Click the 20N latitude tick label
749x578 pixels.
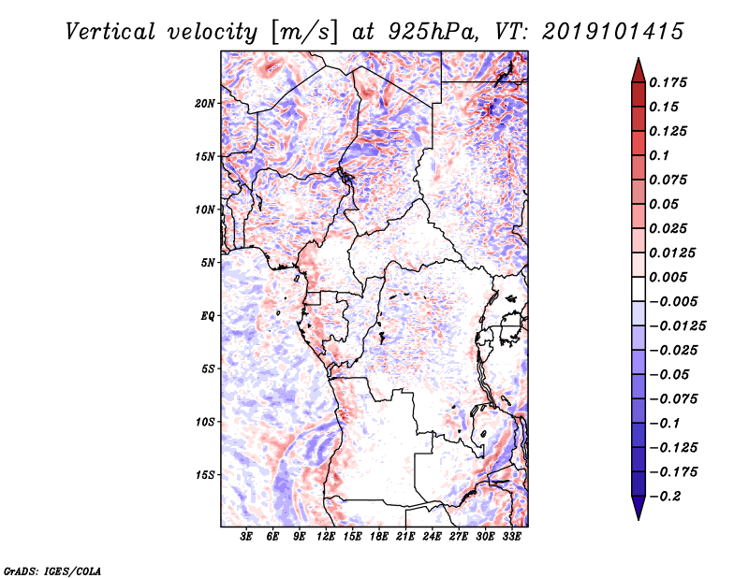pos(205,103)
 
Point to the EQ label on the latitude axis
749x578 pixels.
pos(208,316)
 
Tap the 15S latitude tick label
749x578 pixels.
pos(205,475)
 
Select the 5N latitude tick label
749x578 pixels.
pos(208,263)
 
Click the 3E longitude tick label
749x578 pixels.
pos(246,538)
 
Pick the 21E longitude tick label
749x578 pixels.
pos(405,538)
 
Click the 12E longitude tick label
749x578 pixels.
pos(326,538)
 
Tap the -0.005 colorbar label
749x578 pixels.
pos(675,301)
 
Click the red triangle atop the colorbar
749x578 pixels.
pos(638,69)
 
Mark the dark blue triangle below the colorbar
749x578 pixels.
pos(638,507)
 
